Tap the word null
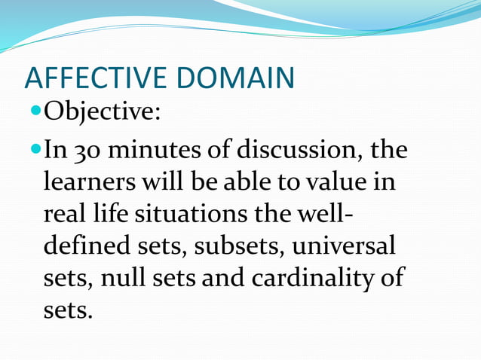point(124,279)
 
